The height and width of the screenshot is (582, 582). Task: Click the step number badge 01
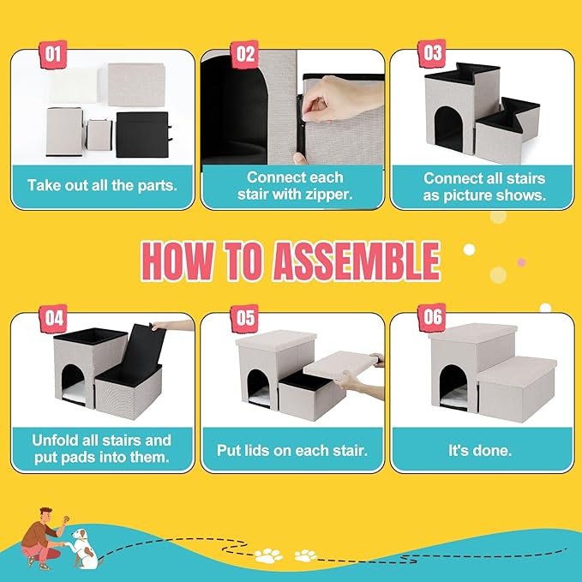53,55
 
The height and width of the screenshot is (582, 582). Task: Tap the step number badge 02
245,55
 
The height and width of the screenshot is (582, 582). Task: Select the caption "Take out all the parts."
102,185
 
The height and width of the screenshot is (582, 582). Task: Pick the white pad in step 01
75,86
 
